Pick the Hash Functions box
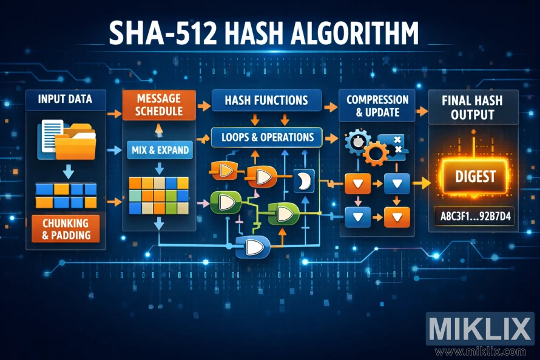pos(268,100)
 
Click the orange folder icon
pos(74,140)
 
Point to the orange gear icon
pos(376,152)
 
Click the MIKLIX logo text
pos(479,329)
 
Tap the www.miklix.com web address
pos(479,352)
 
